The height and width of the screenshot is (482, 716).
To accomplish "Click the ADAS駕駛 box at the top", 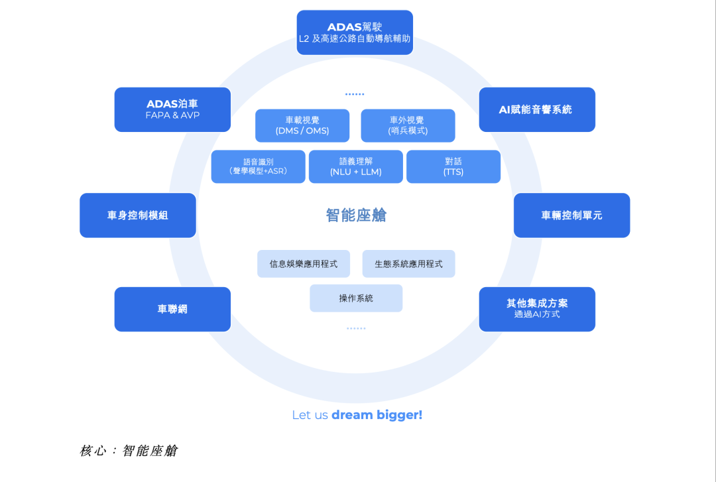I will [355, 32].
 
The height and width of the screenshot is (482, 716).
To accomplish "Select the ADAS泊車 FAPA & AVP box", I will [172, 109].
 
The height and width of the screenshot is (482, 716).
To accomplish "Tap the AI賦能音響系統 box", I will [537, 109].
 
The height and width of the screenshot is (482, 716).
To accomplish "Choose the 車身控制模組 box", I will [138, 215].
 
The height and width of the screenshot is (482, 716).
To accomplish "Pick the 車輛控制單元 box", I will [571, 215].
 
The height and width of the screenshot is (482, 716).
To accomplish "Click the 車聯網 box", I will [172, 309].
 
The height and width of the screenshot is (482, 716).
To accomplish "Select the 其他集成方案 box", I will [537, 309].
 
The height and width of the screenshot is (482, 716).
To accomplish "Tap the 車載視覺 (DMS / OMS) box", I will [302, 125].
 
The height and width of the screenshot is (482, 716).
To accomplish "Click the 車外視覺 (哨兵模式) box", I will [408, 125].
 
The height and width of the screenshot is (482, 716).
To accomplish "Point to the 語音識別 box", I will [259, 166].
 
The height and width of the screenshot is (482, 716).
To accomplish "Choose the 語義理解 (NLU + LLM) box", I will [356, 166].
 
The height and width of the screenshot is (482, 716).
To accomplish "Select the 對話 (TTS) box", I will [453, 166].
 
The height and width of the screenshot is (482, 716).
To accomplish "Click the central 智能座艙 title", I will [356, 215].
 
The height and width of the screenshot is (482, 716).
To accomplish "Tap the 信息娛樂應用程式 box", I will [304, 264].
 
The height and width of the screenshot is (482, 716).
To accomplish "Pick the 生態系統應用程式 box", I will [408, 264].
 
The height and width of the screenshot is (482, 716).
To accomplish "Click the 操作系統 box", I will [356, 298].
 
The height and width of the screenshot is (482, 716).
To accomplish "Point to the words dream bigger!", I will [377, 415].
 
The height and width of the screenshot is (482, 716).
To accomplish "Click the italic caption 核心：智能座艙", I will [129, 451].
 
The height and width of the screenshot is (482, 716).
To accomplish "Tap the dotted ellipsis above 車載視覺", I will [355, 94].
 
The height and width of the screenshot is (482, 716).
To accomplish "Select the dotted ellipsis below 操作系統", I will [356, 328].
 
